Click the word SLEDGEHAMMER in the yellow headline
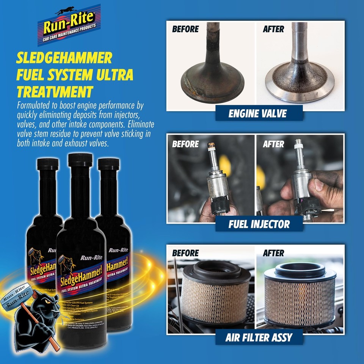click(x=64, y=58)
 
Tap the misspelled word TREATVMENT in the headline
click(x=55, y=92)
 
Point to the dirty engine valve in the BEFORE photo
click(x=211, y=76)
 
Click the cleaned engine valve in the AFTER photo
click(x=299, y=76)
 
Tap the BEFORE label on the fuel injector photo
click(x=185, y=144)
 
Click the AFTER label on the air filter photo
click(x=273, y=253)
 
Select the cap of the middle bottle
click(x=80, y=160)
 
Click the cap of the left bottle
click(x=48, y=164)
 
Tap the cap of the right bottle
click(x=108, y=164)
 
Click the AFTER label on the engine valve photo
click(x=273, y=29)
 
